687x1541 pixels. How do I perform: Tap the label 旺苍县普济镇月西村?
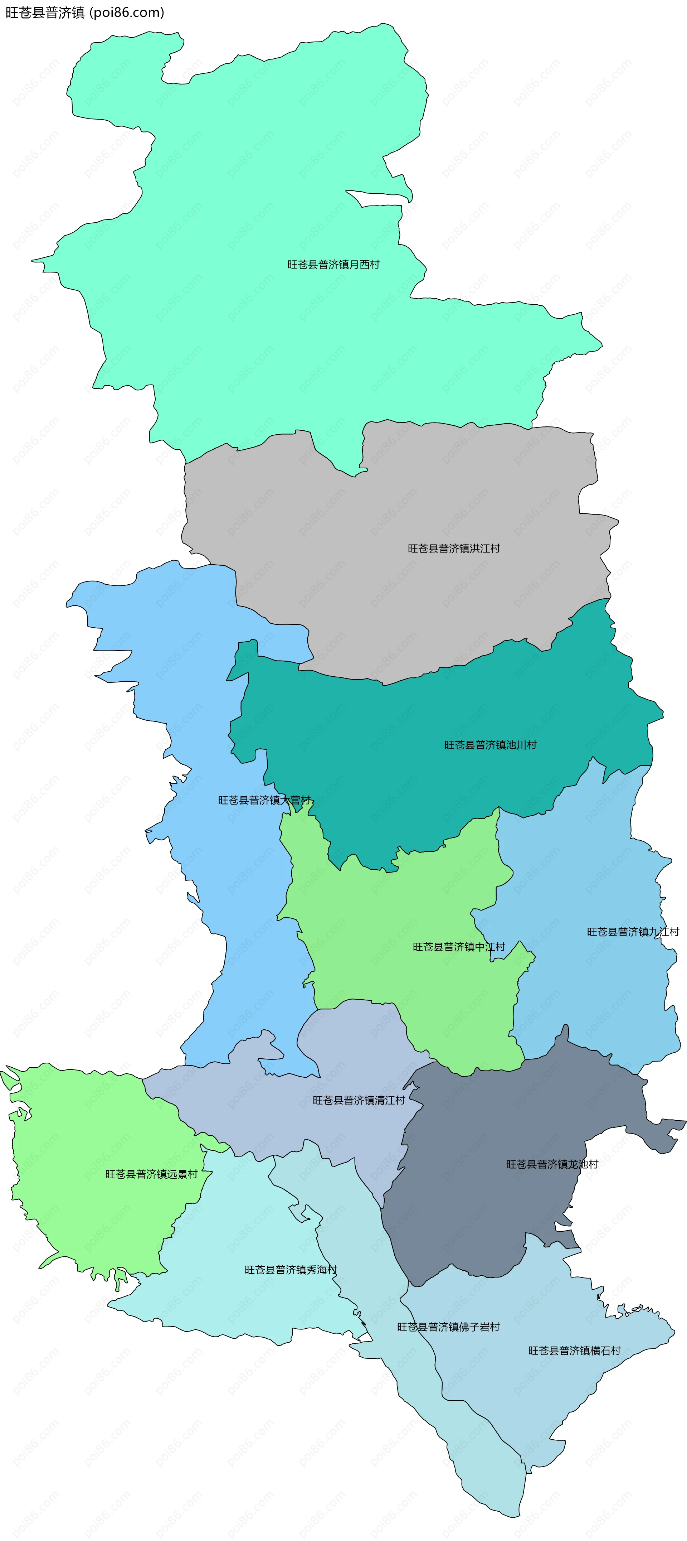click(x=333, y=264)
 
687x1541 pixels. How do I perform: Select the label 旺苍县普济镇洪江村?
click(x=454, y=549)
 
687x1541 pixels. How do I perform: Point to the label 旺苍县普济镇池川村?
click(x=490, y=745)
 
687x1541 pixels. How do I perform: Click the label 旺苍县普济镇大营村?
click(x=264, y=801)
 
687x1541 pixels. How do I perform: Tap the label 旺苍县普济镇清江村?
click(x=359, y=1100)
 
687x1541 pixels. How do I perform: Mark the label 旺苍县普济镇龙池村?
click(x=552, y=1164)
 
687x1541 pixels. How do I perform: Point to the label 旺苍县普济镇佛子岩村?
click(x=448, y=1327)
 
